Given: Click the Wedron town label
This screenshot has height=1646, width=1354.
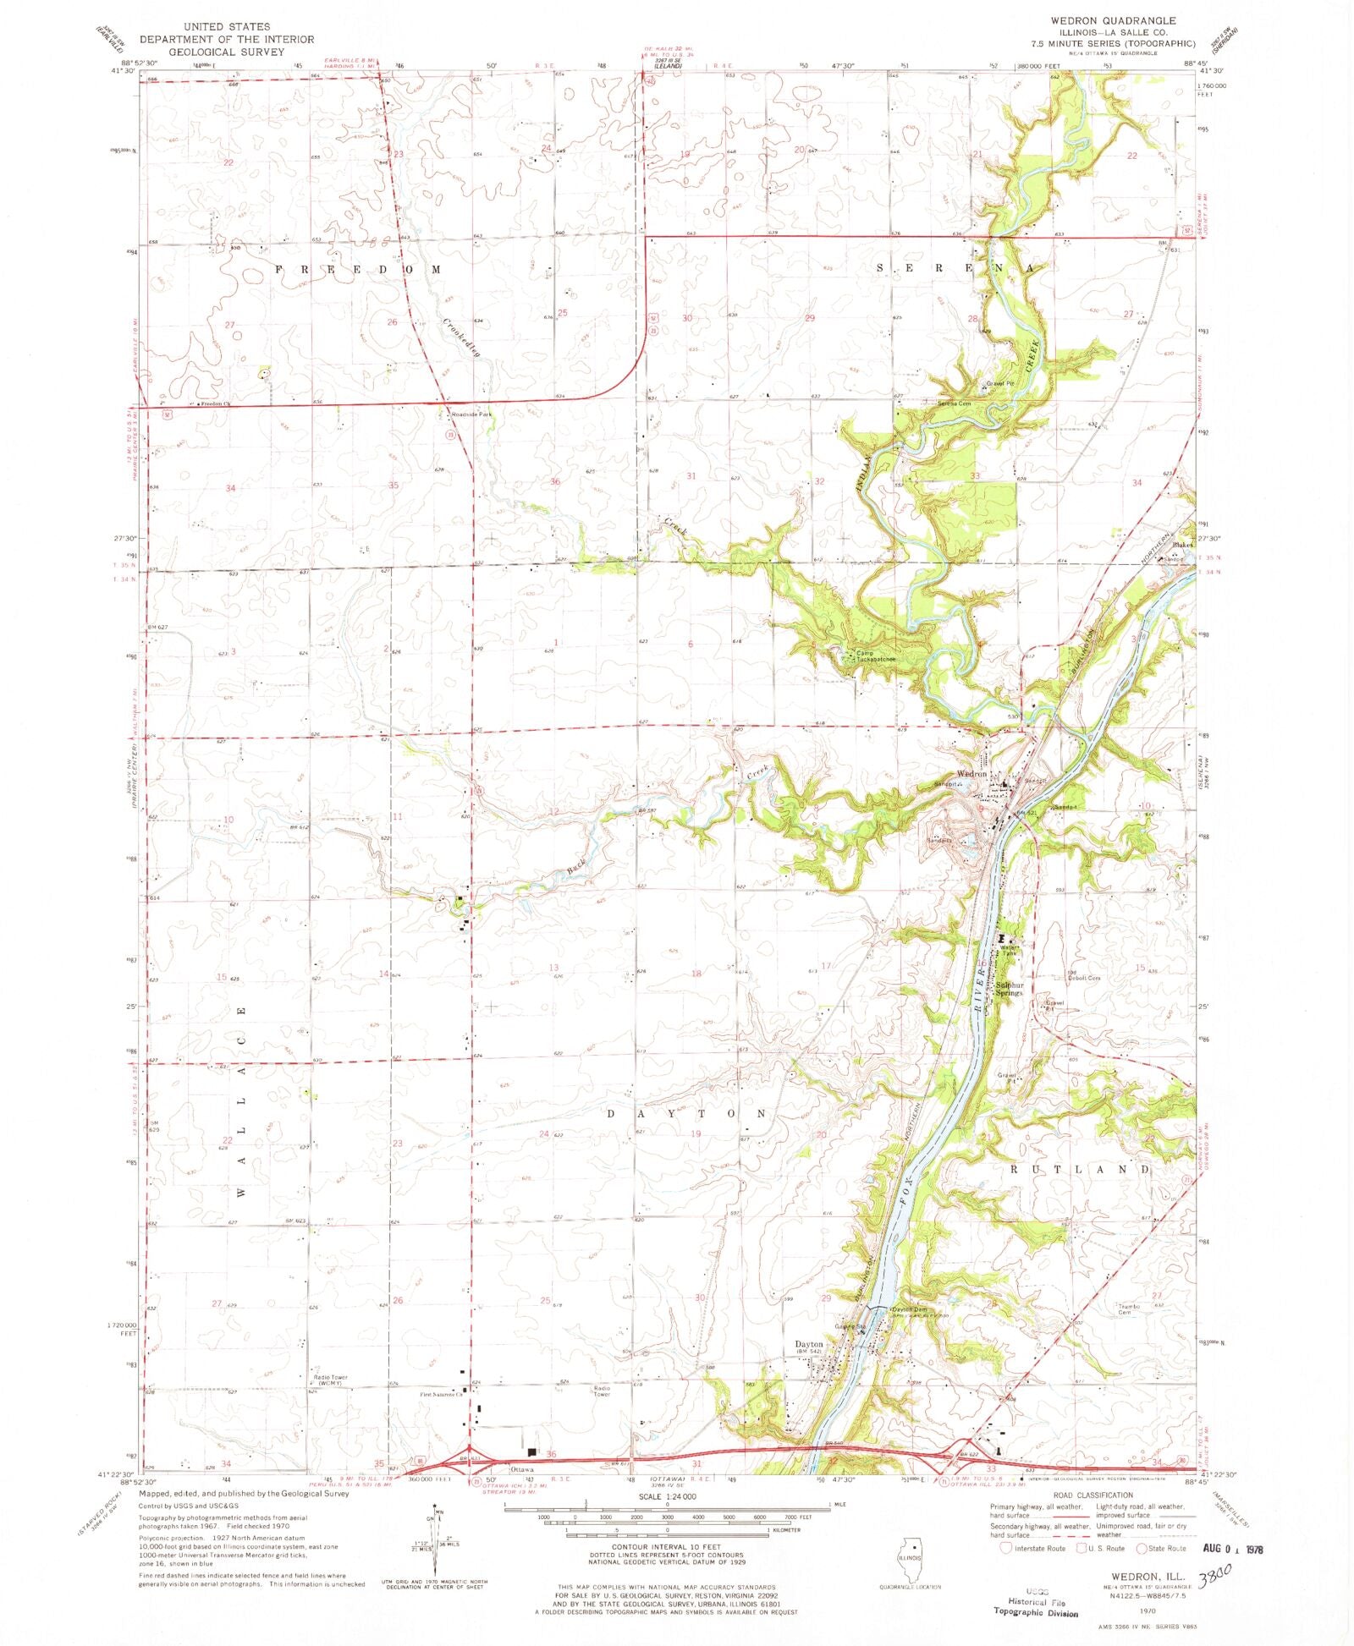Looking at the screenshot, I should [971, 774].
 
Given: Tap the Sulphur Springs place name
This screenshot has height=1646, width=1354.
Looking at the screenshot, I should [1009, 989].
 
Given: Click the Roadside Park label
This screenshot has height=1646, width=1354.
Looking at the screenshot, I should [471, 414].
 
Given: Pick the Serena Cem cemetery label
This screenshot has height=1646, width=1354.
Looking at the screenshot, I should [953, 403].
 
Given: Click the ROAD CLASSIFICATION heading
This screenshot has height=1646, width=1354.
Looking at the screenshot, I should [1093, 1495].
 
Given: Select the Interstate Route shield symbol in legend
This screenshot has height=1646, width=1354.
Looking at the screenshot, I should [1006, 1548].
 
